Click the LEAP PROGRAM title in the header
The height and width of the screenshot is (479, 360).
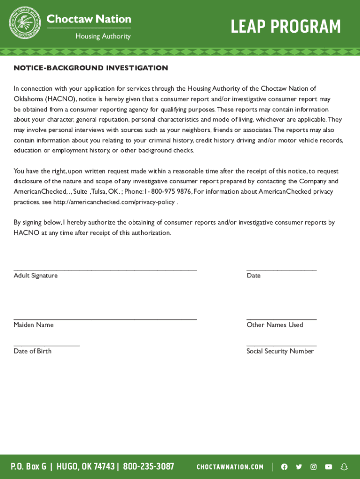click(x=286, y=27)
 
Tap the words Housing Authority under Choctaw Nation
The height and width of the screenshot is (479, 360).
click(x=103, y=36)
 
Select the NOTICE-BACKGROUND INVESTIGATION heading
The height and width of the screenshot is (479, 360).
click(x=91, y=68)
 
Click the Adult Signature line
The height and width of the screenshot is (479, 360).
click(x=105, y=270)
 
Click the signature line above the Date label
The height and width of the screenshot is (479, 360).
click(x=281, y=270)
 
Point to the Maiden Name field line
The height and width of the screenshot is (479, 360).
click(x=105, y=319)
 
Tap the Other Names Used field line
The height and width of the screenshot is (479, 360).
click(x=281, y=319)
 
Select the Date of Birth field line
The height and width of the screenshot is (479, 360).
click(x=47, y=346)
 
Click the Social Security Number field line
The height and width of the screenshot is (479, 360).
click(x=281, y=346)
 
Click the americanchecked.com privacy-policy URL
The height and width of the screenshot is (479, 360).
click(x=114, y=202)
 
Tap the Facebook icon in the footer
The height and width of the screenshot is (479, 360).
click(x=284, y=467)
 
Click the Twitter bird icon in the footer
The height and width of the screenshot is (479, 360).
click(x=299, y=467)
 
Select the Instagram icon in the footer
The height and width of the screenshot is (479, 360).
click(x=314, y=467)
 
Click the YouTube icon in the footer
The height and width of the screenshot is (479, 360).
click(x=329, y=467)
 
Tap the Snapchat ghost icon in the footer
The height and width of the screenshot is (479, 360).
click(x=344, y=467)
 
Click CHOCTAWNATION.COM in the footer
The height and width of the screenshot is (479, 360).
click(x=230, y=467)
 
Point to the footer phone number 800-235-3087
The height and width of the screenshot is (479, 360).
click(x=148, y=466)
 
